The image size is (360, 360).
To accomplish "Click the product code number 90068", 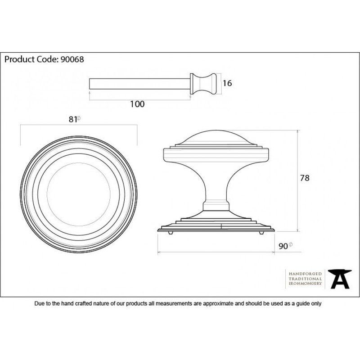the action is [x=72, y=59].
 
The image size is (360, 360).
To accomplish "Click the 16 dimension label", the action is [x=227, y=83].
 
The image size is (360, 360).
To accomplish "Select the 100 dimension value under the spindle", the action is [x=137, y=104].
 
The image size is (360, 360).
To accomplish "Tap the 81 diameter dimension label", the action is [x=74, y=119].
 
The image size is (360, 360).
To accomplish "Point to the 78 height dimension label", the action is [x=305, y=178].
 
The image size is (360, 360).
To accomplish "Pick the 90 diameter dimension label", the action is [x=285, y=246].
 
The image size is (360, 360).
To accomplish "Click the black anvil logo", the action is [x=340, y=279].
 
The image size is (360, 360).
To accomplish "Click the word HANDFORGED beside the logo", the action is [x=305, y=274].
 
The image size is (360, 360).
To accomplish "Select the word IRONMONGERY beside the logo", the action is [x=305, y=283].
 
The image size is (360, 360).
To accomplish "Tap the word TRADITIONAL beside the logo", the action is [x=305, y=279].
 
